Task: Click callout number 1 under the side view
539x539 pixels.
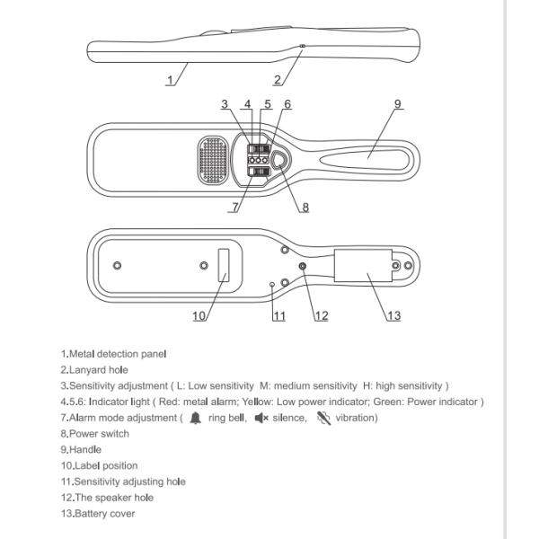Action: [x=170, y=79]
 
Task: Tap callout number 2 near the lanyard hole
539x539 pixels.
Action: [x=278, y=79]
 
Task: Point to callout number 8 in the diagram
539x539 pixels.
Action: [x=305, y=208]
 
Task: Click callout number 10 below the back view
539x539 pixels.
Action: [x=199, y=315]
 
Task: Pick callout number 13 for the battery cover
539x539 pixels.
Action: [x=393, y=315]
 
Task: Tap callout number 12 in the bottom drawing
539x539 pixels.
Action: [x=321, y=315]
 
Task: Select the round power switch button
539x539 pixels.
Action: [x=280, y=160]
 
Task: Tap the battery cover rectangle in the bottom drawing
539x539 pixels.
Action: [x=364, y=267]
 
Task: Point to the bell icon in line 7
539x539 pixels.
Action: [x=195, y=418]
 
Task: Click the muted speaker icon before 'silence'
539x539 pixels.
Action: [x=261, y=418]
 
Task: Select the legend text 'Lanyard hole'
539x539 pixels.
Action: [x=99, y=370]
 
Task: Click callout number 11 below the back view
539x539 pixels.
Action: [x=278, y=315]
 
